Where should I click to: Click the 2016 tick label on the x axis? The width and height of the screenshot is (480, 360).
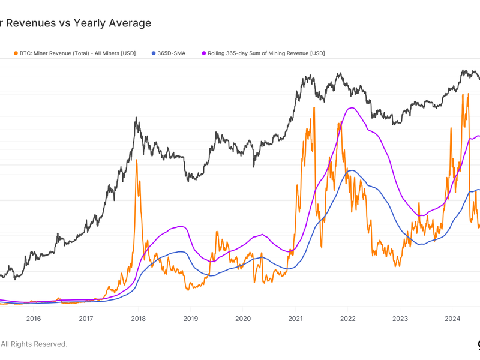click(34, 319)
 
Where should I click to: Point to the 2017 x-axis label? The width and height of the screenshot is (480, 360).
click(86, 319)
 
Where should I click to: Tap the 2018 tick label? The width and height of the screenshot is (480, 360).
click(138, 319)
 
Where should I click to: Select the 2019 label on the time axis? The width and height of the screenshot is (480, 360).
click(190, 319)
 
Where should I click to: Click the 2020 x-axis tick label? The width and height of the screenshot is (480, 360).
click(243, 319)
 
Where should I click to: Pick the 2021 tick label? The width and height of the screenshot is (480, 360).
click(295, 319)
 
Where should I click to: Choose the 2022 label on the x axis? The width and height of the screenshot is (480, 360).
click(347, 319)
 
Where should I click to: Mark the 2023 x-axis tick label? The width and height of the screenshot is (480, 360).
click(400, 319)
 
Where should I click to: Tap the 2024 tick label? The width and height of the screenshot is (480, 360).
click(452, 319)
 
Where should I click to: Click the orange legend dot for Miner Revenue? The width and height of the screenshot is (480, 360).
click(16, 53)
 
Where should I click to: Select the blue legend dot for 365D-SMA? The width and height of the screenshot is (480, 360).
click(154, 53)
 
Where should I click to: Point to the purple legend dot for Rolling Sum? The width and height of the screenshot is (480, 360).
click(203, 53)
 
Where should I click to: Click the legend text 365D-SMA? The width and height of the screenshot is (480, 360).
click(172, 53)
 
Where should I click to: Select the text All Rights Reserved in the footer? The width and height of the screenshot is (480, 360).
click(34, 344)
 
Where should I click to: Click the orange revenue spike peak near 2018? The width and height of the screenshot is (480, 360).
click(137, 160)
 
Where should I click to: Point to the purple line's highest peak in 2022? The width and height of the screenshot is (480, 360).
click(352, 108)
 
